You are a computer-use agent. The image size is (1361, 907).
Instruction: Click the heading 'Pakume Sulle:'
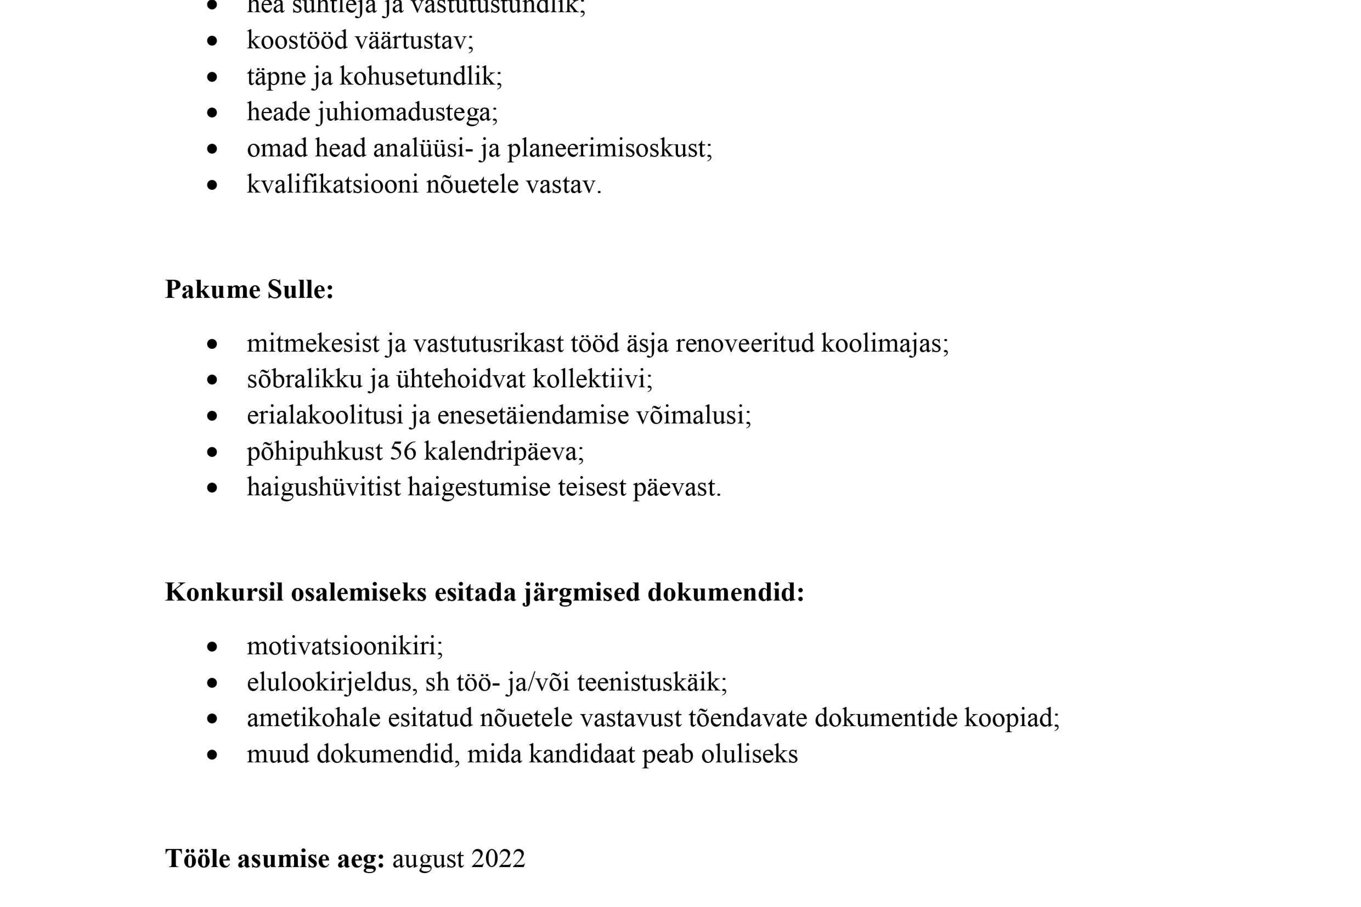249,289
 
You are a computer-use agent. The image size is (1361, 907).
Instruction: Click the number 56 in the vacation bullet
403,451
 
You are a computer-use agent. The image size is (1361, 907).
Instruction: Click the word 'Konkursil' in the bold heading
224,592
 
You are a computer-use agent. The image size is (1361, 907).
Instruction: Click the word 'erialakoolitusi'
324,415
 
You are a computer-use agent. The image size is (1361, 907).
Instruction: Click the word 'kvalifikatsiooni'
332,184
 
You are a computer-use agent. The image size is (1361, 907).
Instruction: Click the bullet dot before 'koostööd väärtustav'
212,41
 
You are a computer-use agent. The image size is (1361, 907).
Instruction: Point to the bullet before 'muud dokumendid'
212,755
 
